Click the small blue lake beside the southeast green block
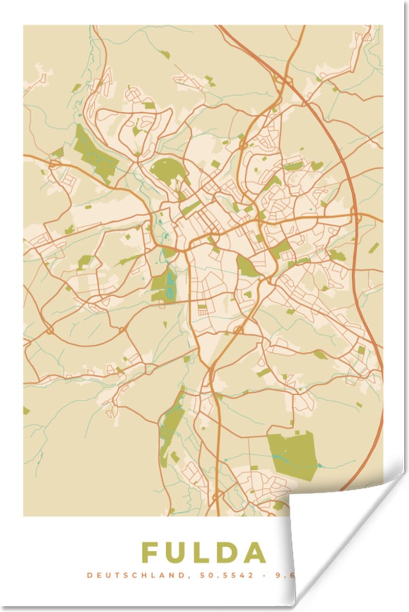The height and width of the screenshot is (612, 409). point(320,465)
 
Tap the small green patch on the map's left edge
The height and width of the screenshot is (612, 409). point(26,410)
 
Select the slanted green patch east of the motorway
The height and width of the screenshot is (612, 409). point(374,248)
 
